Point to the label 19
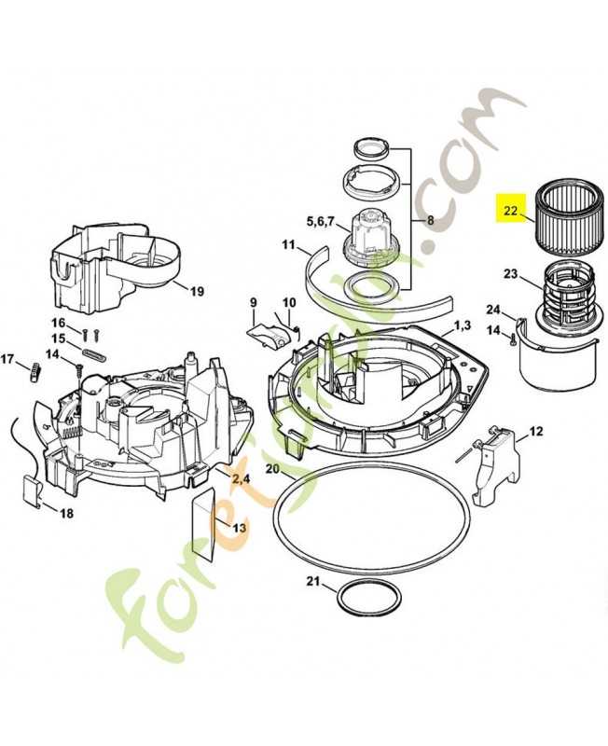click(x=197, y=291)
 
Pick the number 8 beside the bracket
click(x=430, y=221)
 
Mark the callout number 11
click(x=289, y=247)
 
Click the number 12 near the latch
click(x=535, y=431)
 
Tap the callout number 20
click(x=271, y=468)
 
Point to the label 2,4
click(x=241, y=479)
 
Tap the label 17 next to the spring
click(x=8, y=359)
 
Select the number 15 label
click(x=58, y=338)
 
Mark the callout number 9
click(x=252, y=302)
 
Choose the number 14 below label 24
click(x=491, y=329)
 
